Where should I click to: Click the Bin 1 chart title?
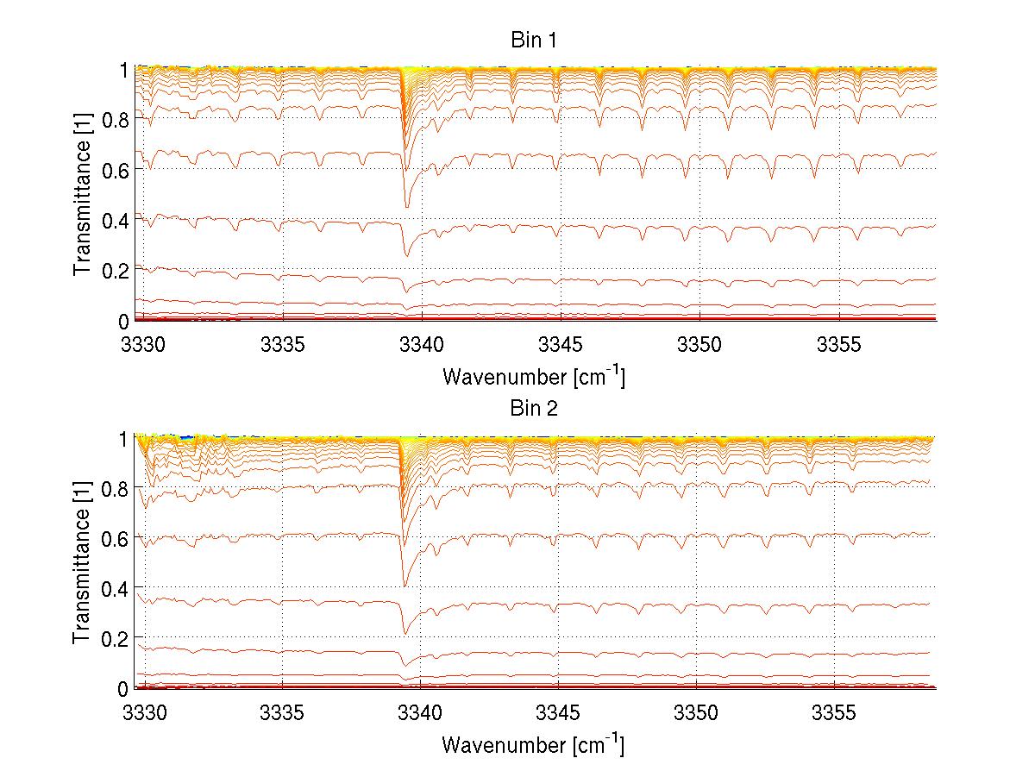coord(535,41)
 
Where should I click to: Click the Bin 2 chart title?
coord(535,409)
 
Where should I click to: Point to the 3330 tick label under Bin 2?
coord(143,713)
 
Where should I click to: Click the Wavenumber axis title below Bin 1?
coord(533,376)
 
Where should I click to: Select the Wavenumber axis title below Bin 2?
coord(533,744)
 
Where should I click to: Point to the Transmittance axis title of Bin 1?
coord(82,195)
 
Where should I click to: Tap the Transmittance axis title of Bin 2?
coord(82,563)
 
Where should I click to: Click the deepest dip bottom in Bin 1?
coord(407,206)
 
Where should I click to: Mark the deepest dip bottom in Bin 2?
coord(405,586)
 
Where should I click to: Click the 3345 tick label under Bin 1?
coord(560,345)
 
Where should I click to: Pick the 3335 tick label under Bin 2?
coord(282,713)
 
